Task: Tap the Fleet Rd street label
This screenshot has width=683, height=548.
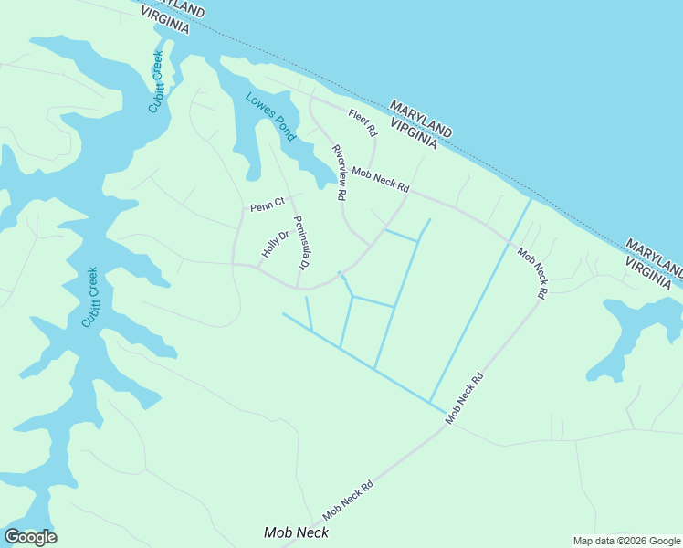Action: [x=363, y=122]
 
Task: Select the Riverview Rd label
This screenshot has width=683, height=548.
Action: [x=339, y=173]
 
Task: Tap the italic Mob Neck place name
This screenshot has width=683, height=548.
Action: [x=296, y=532]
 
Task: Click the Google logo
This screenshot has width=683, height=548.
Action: [x=30, y=537]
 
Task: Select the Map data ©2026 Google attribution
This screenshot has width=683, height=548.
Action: [x=626, y=541]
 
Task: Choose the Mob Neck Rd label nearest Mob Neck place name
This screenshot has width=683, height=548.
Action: [x=349, y=500]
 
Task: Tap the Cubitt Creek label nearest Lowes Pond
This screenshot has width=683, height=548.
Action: [x=155, y=82]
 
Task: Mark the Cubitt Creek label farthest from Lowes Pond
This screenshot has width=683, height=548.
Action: [x=89, y=297]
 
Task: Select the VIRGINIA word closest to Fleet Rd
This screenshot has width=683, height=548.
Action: [x=415, y=132]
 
